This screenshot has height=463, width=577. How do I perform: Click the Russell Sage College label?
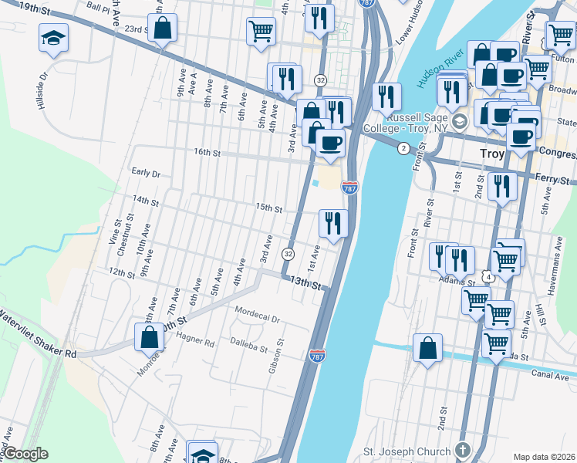pos(422,123)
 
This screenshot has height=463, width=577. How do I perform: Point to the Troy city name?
pos(491,154)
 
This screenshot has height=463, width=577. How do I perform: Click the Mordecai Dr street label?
pos(257,311)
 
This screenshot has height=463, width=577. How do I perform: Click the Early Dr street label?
pos(145,174)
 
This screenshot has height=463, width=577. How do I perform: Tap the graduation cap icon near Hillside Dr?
pos(54,38)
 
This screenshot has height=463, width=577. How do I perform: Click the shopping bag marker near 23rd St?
pos(163,29)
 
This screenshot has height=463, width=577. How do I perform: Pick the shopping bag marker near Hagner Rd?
pos(149,338)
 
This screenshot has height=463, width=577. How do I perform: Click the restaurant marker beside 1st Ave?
pos(332,224)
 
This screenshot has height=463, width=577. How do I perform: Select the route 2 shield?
pos(402,148)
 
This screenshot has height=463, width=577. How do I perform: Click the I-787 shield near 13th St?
pos(316,356)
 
